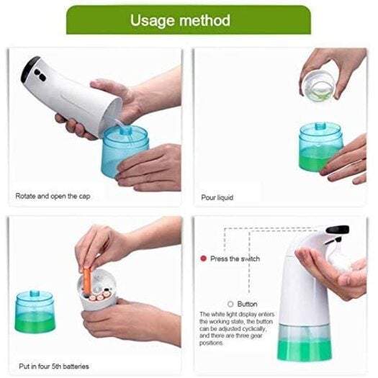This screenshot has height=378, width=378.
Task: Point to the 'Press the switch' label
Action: tap(235, 258)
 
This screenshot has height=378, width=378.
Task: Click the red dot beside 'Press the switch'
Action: tap(204, 258)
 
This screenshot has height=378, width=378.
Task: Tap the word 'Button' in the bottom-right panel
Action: tap(247, 304)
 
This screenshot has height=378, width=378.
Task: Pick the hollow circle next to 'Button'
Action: tap(230, 304)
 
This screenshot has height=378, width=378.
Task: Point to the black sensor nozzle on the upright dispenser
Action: tap(337, 230)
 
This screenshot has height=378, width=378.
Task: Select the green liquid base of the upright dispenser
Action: tap(307, 345)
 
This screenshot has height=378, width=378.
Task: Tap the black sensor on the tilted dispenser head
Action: tap(32, 70)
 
